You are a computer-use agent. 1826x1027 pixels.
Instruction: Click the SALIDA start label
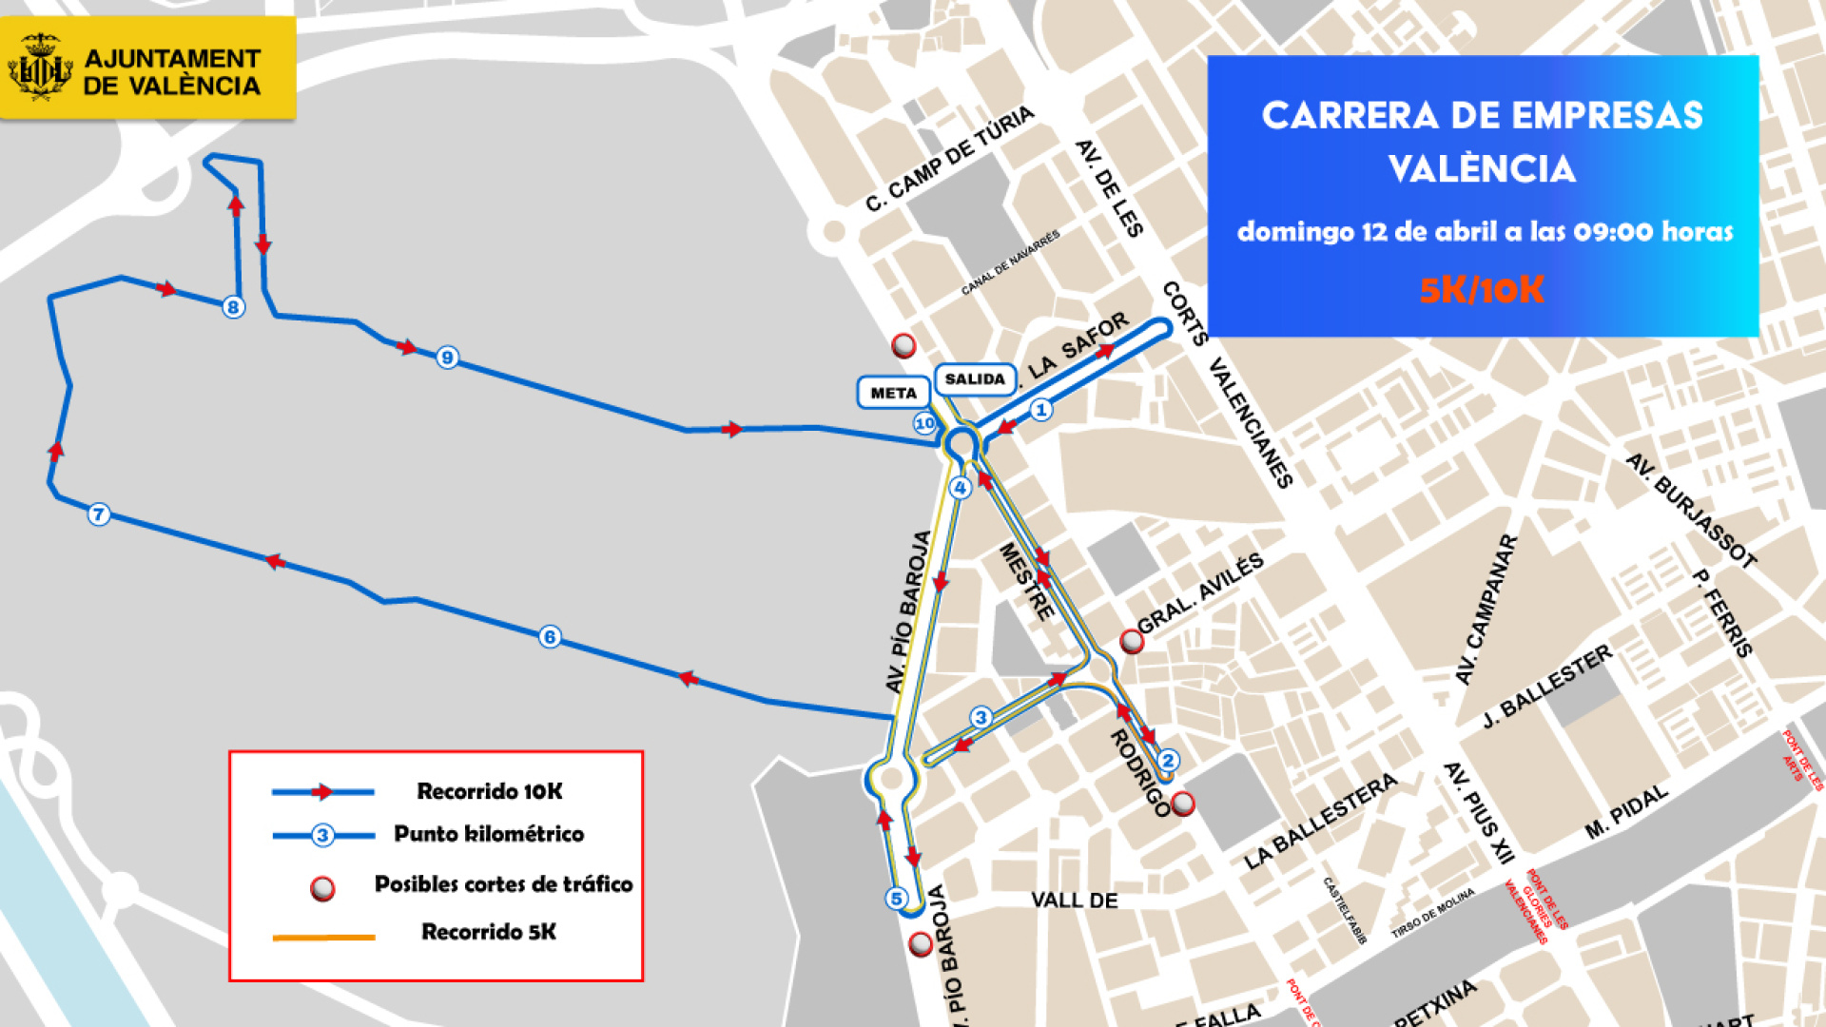point(975,379)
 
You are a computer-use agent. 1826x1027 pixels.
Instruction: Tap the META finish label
point(893,393)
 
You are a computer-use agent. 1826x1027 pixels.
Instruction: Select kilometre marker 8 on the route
point(233,307)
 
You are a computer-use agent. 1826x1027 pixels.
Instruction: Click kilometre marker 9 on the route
point(447,358)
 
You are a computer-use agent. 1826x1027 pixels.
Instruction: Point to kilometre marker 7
point(99,514)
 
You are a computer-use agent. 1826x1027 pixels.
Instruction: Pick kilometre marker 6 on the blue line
point(549,637)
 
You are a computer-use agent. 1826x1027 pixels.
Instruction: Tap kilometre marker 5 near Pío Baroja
point(896,899)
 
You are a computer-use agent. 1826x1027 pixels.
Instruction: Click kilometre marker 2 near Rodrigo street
point(1168,760)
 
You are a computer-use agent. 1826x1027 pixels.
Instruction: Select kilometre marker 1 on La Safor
point(1041,410)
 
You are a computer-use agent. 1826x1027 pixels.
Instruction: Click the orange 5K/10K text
point(1481,290)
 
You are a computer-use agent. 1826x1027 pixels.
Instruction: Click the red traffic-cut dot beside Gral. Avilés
point(1131,642)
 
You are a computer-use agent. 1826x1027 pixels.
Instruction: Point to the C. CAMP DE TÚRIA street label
point(949,159)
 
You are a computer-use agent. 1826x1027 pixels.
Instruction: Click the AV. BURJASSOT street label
point(1690,511)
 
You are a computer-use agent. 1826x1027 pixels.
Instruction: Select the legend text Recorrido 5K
point(489,932)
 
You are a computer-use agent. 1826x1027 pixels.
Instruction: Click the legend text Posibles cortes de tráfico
point(503,884)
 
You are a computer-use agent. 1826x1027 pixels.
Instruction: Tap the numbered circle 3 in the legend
point(322,835)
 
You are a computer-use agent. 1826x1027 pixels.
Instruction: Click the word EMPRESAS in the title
point(1607,116)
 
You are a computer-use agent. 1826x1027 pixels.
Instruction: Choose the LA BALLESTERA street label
point(1321,822)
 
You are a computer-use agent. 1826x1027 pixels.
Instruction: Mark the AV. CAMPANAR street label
point(1486,610)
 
